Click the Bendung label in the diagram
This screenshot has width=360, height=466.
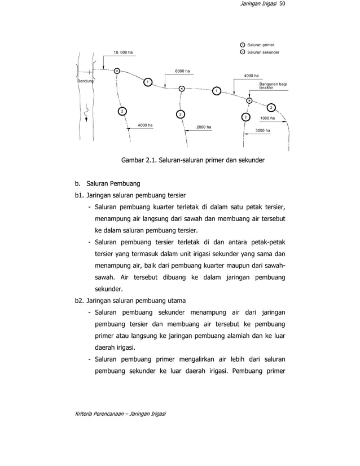[85, 82]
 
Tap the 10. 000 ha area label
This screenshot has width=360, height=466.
[123, 52]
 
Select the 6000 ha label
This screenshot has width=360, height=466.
[182, 71]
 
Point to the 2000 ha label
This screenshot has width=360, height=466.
[204, 127]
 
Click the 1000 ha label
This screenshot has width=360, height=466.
[267, 118]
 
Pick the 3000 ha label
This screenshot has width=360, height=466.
[263, 130]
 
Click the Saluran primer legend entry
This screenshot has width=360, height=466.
[261, 45]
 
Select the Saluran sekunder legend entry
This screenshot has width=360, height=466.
[263, 52]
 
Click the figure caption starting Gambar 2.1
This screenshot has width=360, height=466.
[193, 161]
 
